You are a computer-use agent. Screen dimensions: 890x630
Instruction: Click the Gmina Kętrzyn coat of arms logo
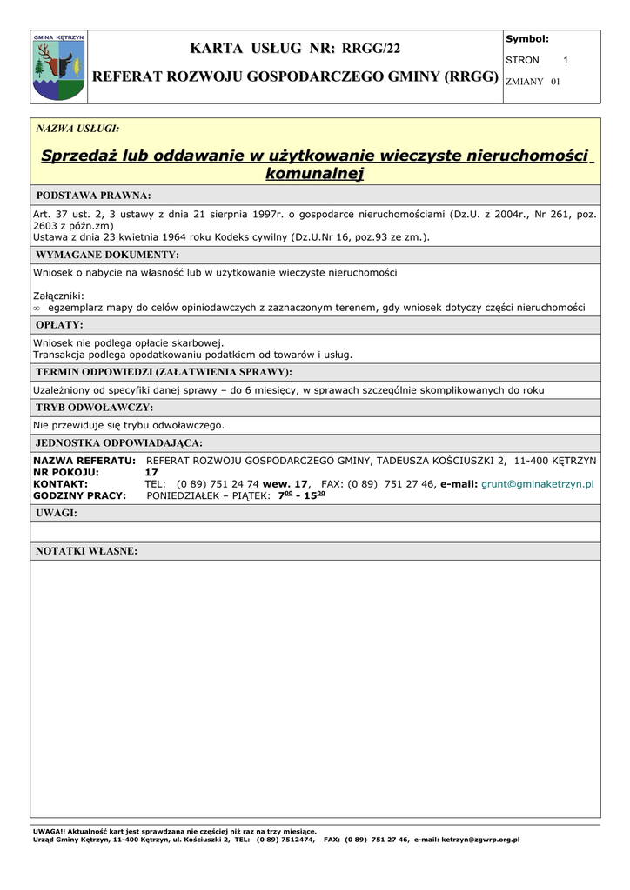(x=58, y=67)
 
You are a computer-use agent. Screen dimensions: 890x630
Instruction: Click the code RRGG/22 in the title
(x=372, y=48)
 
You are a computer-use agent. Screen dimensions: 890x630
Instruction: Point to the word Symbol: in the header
(x=527, y=39)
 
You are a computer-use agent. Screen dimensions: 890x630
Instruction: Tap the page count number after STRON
(x=566, y=60)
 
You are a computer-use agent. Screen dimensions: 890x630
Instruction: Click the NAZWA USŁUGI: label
(x=77, y=129)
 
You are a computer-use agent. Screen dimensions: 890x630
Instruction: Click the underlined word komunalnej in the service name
(x=314, y=174)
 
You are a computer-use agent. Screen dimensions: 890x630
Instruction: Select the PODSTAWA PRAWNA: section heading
(x=94, y=196)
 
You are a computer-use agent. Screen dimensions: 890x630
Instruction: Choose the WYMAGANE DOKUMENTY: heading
(x=108, y=255)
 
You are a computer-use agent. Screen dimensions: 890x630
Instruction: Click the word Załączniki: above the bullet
(x=58, y=296)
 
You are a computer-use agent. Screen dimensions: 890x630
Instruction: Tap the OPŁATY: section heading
(x=60, y=324)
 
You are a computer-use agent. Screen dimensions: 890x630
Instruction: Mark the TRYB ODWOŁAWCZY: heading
(x=94, y=407)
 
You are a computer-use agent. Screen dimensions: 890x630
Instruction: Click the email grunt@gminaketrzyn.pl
(x=538, y=483)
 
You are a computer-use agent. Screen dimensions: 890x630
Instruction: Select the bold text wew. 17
(x=285, y=483)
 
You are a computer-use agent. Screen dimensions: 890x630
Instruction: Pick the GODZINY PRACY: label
(x=80, y=495)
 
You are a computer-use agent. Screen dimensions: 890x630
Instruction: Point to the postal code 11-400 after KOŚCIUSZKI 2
(x=532, y=460)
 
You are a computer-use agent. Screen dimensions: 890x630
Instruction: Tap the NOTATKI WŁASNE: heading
(x=87, y=551)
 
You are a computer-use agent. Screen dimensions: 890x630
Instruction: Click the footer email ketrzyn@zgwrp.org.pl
(x=480, y=840)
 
